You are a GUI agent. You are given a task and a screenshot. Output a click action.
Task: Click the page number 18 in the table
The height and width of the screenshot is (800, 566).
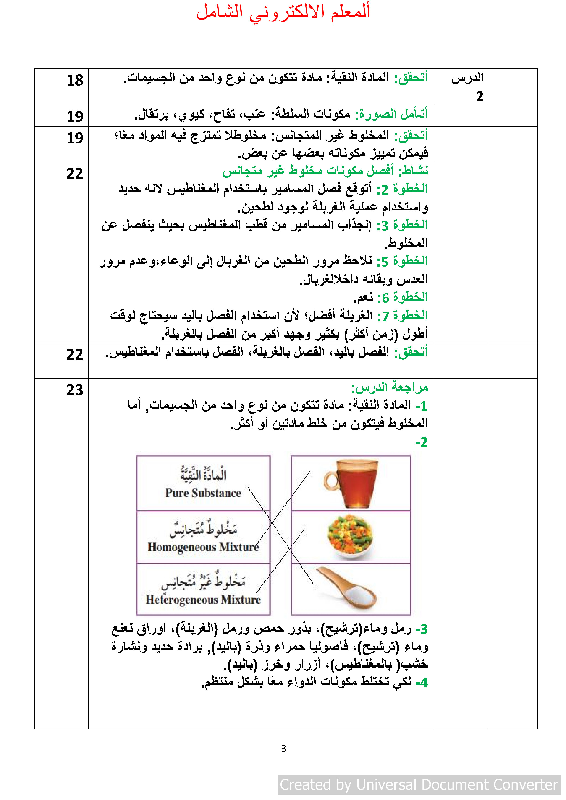75,81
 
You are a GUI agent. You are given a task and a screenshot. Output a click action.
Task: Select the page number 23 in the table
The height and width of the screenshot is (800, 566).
75,390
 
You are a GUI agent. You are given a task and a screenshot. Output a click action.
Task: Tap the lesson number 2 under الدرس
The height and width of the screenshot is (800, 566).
480,96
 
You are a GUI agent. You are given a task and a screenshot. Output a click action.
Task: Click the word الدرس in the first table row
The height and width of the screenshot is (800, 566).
467,78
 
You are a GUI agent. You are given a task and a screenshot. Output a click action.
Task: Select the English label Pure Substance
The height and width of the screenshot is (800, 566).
203,493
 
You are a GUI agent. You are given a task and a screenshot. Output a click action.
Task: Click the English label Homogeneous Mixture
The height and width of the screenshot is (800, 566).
203,547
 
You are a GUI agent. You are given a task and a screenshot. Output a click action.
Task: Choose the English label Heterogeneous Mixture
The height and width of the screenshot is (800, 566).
203,599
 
